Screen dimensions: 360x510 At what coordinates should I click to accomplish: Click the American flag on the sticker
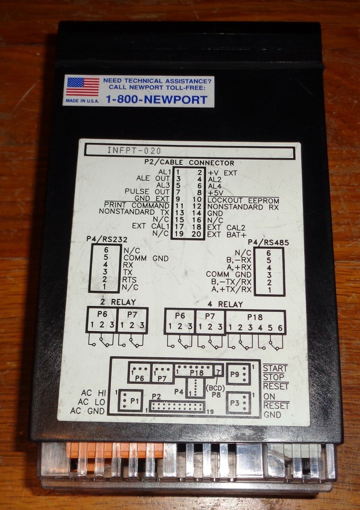[83, 87]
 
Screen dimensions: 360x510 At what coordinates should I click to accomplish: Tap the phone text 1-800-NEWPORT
[157, 99]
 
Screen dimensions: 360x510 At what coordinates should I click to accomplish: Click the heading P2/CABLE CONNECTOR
[190, 163]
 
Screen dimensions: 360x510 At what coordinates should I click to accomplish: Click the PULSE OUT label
[151, 192]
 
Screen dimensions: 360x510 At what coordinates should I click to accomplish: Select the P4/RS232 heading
[107, 238]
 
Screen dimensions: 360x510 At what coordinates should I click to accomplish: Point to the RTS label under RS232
[131, 280]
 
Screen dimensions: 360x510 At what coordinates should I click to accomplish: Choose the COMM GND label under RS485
[228, 274]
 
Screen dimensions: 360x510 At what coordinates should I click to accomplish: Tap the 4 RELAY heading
[224, 304]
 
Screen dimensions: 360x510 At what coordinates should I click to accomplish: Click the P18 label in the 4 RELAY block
[255, 316]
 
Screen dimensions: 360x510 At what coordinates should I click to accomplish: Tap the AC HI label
[94, 393]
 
